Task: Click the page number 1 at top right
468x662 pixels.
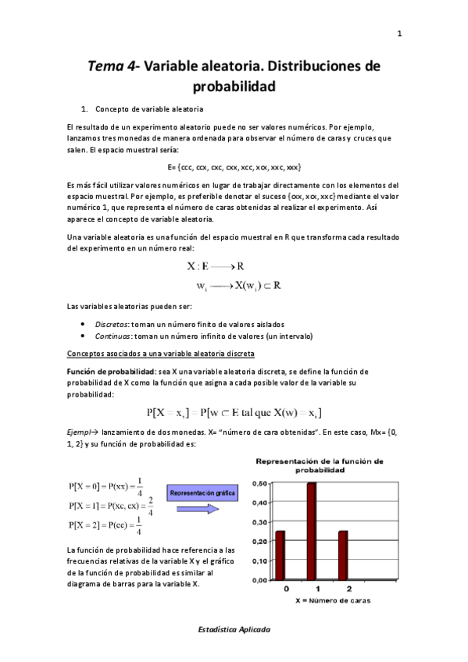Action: pyautogui.click(x=399, y=34)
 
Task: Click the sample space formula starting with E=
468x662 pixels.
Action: pyautogui.click(x=234, y=167)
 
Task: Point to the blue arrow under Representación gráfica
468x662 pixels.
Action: pyautogui.click(x=198, y=509)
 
